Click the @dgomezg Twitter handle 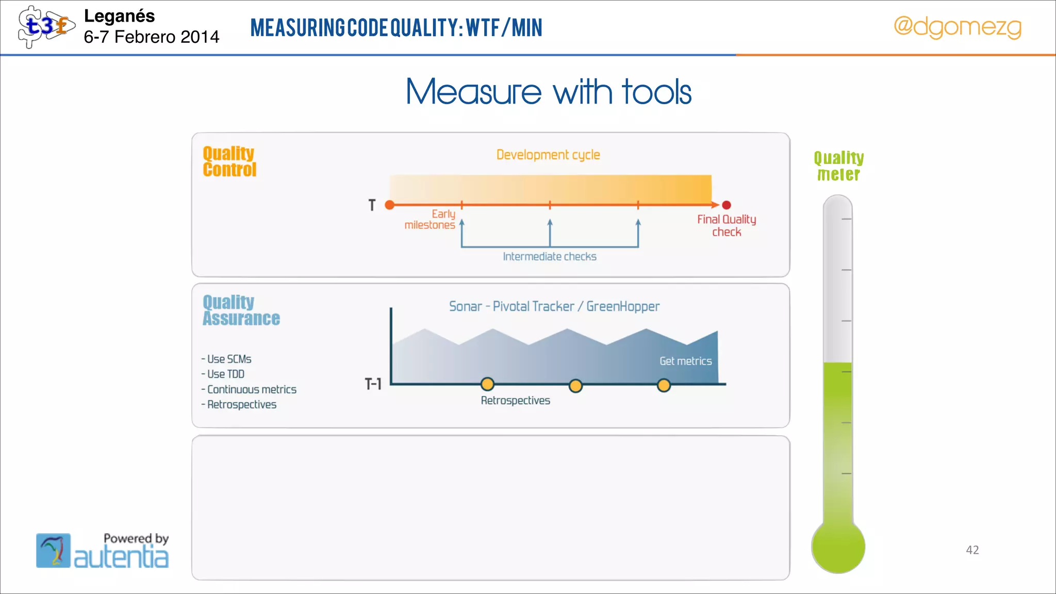pyautogui.click(x=957, y=27)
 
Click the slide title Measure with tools pyautogui.click(x=548, y=92)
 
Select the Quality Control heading pyautogui.click(x=229, y=161)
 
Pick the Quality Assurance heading pyautogui.click(x=241, y=310)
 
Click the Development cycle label pyautogui.click(x=548, y=155)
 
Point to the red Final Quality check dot pyautogui.click(x=727, y=205)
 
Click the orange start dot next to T pyautogui.click(x=390, y=205)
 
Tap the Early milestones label pyautogui.click(x=431, y=220)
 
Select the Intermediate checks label pyautogui.click(x=550, y=257)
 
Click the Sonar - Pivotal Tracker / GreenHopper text pyautogui.click(x=554, y=306)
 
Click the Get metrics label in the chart pyautogui.click(x=685, y=361)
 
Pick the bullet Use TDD pyautogui.click(x=225, y=374)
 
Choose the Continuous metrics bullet pyautogui.click(x=251, y=389)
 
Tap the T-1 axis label pyautogui.click(x=373, y=384)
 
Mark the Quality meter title pyautogui.click(x=838, y=166)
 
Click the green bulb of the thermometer pyautogui.click(x=838, y=547)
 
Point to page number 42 pyautogui.click(x=972, y=550)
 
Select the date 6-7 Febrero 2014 pyautogui.click(x=152, y=37)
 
